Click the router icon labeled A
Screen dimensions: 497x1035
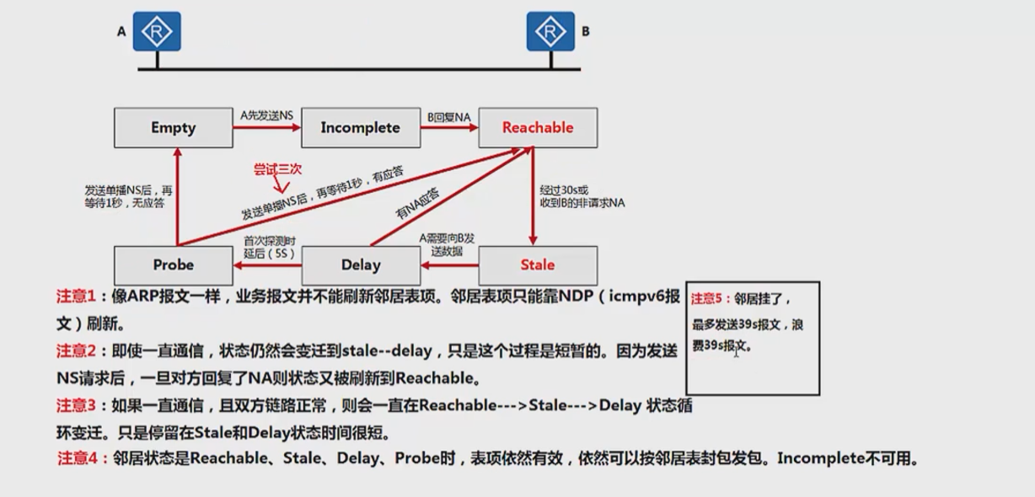coord(157,32)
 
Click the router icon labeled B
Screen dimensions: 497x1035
coord(550,32)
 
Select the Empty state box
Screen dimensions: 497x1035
coord(174,128)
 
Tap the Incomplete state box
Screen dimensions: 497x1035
coord(360,128)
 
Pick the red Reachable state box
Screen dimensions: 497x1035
coord(538,128)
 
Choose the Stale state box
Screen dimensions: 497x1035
coord(538,265)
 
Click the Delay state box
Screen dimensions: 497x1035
coord(361,265)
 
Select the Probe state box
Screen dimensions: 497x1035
coord(174,265)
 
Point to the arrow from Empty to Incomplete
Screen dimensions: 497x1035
coord(266,128)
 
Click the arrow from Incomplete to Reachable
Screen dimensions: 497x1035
coord(449,128)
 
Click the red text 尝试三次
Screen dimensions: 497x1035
coord(278,169)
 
